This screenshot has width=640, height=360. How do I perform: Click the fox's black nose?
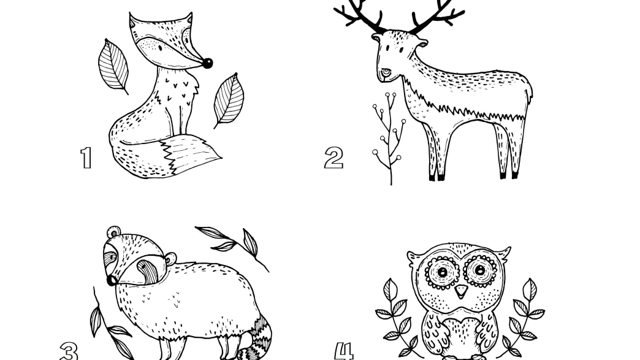(x=207, y=63)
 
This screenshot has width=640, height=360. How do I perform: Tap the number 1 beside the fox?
(x=86, y=158)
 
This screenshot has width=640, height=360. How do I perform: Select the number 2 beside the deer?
(x=334, y=158)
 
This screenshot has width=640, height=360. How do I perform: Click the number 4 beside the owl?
(x=344, y=351)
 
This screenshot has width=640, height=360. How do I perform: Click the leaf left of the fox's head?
(x=113, y=66)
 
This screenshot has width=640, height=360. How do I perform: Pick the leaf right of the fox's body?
(x=229, y=101)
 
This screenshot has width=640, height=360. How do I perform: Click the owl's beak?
(x=461, y=291)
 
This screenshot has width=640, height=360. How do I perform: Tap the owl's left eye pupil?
(x=441, y=271)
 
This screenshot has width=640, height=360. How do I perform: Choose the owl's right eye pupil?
(x=480, y=270)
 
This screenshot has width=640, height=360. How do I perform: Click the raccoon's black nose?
(x=111, y=280)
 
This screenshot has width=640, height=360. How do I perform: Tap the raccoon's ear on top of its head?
(x=114, y=232)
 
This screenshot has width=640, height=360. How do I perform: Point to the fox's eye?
(x=160, y=48)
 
